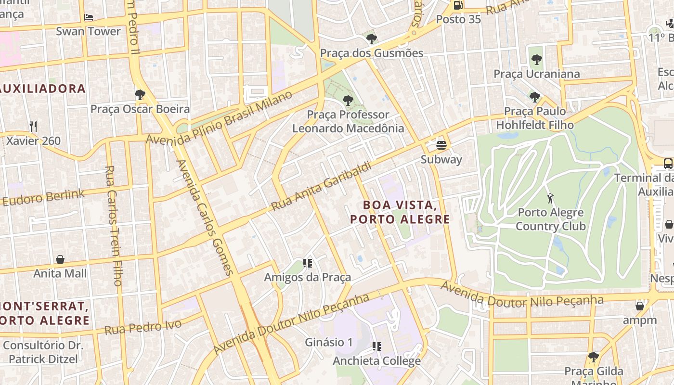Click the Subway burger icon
point(441,145)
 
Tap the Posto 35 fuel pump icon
point(458,5)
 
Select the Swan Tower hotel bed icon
point(89,17)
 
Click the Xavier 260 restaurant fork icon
point(33,127)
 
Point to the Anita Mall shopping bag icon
point(60,260)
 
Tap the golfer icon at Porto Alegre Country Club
point(550,198)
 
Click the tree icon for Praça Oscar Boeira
point(140,95)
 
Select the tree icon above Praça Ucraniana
point(536,60)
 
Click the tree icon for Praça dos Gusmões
point(371,39)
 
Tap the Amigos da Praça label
point(307,277)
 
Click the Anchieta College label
point(376,360)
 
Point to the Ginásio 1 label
point(329,342)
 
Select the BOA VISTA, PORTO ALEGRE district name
point(400,212)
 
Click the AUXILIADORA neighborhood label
point(43,89)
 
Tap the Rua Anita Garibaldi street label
point(322,187)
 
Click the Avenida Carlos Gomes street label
point(205,218)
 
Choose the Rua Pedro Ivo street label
point(143,327)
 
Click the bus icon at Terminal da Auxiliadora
point(668,163)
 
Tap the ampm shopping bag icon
point(640,306)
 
